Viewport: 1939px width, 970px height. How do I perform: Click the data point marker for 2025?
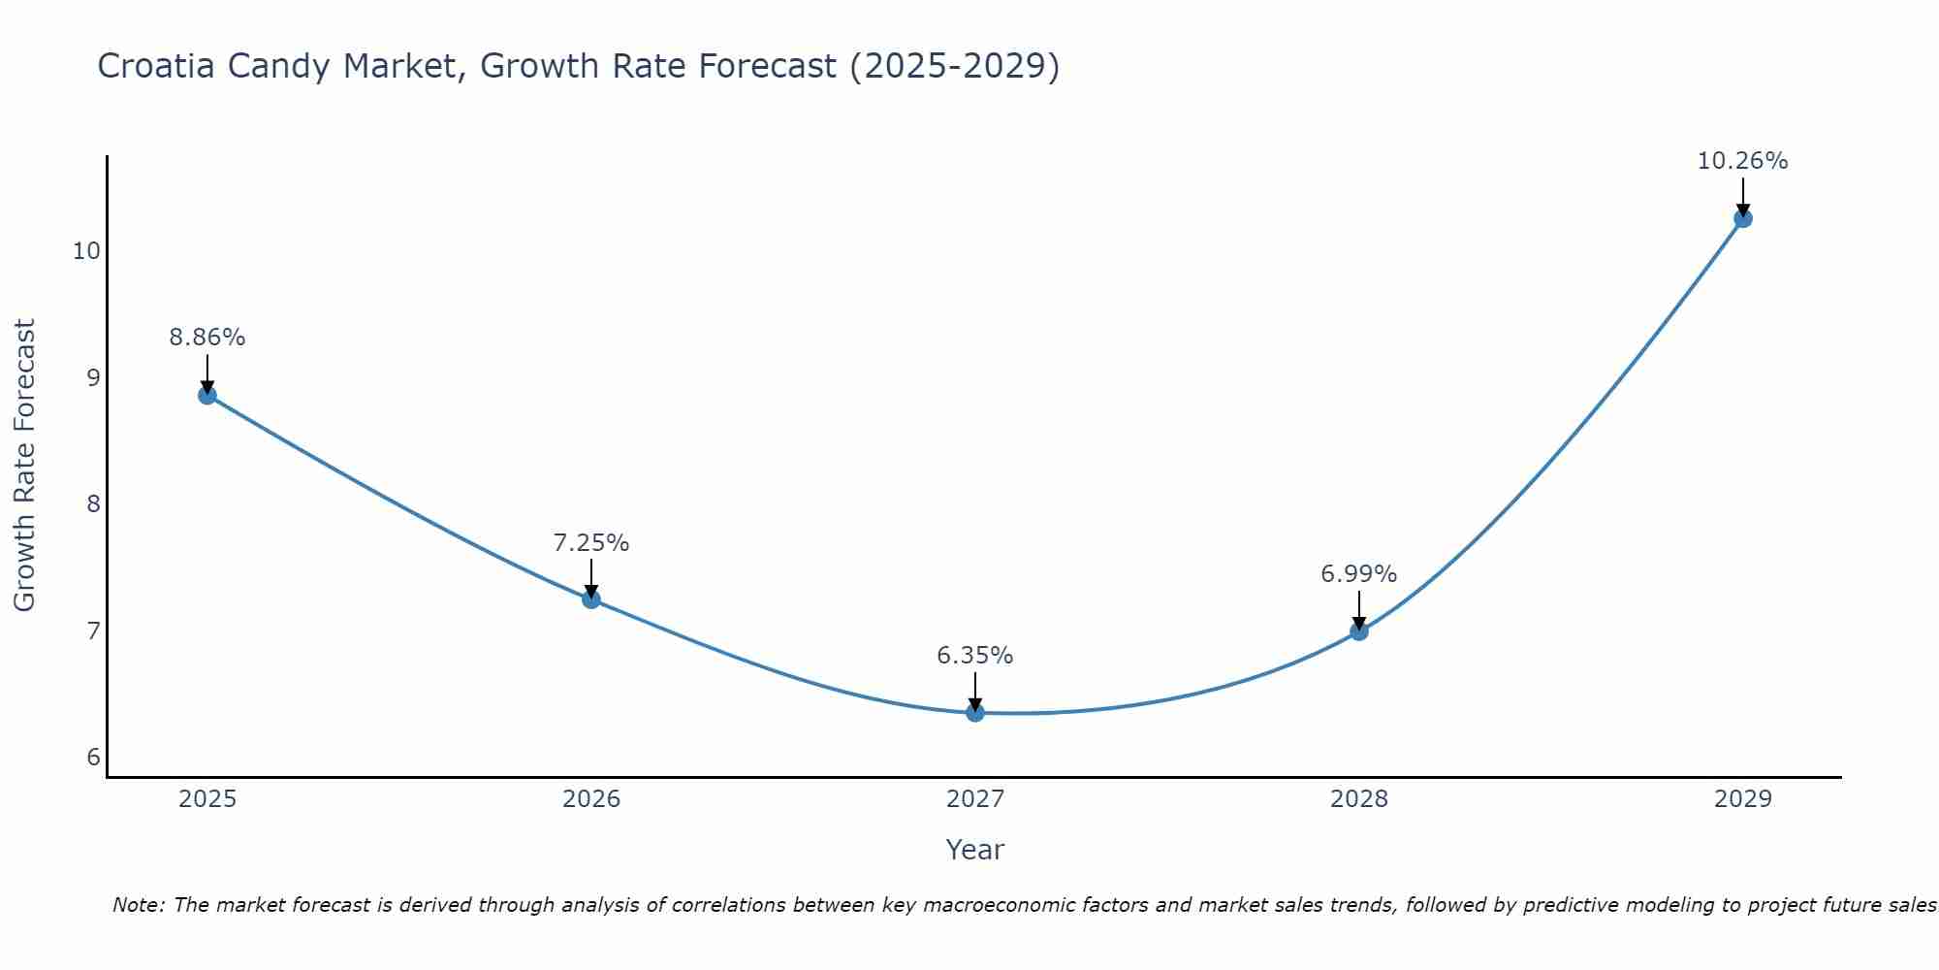[x=207, y=395]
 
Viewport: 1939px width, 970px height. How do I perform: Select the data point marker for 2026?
[x=591, y=599]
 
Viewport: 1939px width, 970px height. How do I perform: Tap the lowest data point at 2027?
[x=975, y=713]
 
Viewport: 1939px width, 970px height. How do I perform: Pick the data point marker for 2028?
[x=1359, y=631]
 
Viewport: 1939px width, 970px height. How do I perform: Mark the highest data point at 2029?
[x=1743, y=218]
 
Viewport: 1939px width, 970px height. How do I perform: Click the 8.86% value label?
[x=207, y=338]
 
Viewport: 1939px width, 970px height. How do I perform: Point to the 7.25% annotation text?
[x=591, y=543]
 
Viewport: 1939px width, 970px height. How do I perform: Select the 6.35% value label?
[x=975, y=656]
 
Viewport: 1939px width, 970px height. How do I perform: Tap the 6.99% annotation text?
[x=1359, y=574]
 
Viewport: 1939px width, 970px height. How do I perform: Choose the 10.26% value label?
[x=1743, y=161]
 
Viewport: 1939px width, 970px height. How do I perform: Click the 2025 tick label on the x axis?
[x=208, y=799]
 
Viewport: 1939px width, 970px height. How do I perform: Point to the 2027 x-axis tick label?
[x=975, y=799]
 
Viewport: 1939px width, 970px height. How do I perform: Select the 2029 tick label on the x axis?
[x=1743, y=799]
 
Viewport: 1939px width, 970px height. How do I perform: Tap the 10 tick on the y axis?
[x=86, y=251]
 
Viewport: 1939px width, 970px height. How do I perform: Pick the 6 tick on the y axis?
[x=94, y=758]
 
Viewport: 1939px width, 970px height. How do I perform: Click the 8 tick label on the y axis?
[x=94, y=504]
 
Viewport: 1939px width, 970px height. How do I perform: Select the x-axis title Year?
[x=975, y=850]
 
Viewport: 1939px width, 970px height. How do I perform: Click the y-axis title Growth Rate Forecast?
[x=25, y=466]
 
